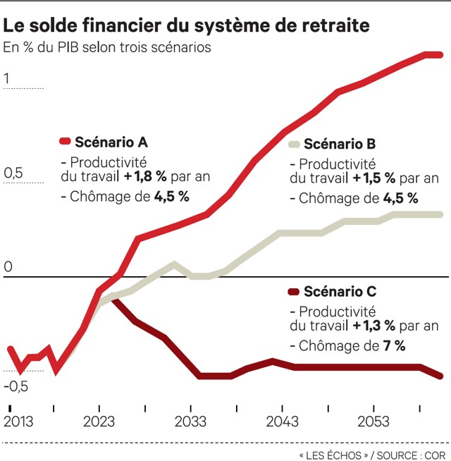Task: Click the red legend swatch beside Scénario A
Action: pos(66,141)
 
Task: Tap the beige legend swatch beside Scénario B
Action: pos(295,145)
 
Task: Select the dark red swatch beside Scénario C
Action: pos(295,291)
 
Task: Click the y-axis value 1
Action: pos(8,79)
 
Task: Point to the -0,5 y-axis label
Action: pos(16,386)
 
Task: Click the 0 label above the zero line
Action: pos(8,267)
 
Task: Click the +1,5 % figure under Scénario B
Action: pos(379,178)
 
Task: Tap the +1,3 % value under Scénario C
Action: pos(379,325)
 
